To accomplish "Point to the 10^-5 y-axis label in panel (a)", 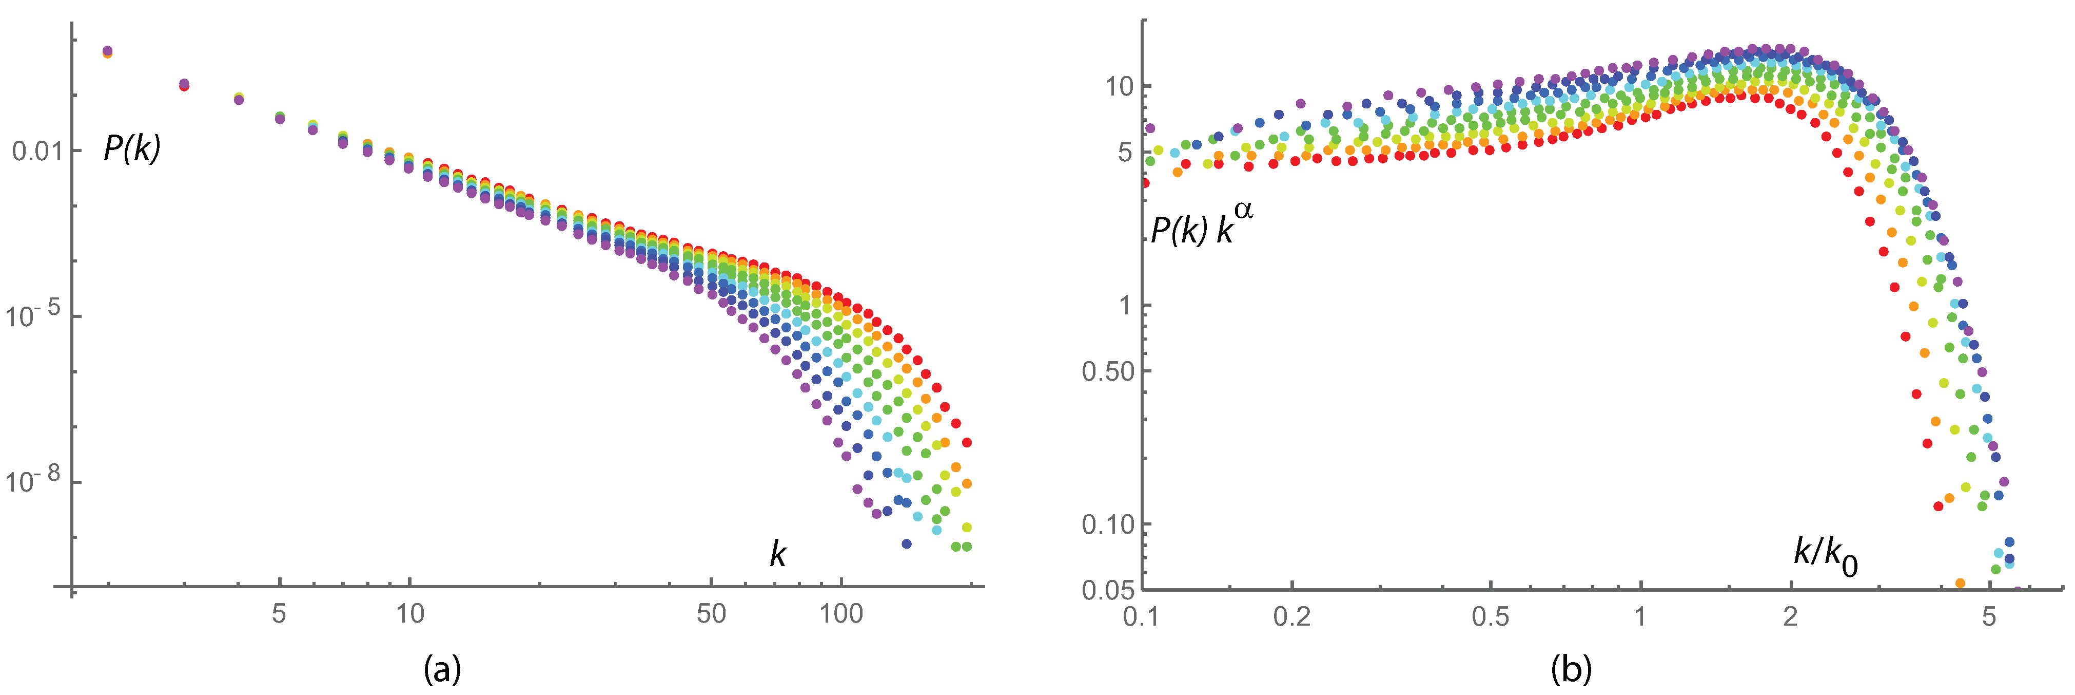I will pyautogui.click(x=32, y=314).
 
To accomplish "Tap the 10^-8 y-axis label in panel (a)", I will pyautogui.click(x=32, y=480).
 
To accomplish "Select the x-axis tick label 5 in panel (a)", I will pyautogui.click(x=279, y=614).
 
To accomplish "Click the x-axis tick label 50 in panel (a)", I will pyautogui.click(x=711, y=614).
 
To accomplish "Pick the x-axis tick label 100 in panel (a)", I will pyautogui.click(x=841, y=614).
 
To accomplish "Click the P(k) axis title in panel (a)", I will pyautogui.click(x=132, y=148).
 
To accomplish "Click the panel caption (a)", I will pyautogui.click(x=442, y=668).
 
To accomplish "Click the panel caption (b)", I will pyautogui.click(x=1571, y=668).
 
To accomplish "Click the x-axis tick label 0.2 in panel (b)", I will pyautogui.click(x=1291, y=617).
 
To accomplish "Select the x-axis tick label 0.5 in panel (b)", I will pyautogui.click(x=1490, y=617).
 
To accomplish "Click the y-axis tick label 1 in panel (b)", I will pyautogui.click(x=1125, y=306).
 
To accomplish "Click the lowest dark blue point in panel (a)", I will pyautogui.click(x=906, y=543).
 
